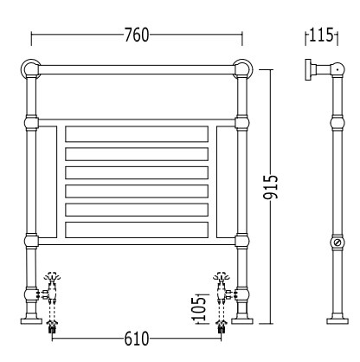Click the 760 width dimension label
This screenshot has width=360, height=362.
(x=137, y=36)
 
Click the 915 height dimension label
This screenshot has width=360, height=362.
(x=271, y=187)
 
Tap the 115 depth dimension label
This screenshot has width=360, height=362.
(x=321, y=35)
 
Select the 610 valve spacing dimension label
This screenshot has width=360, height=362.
(x=137, y=339)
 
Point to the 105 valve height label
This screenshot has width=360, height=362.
(x=200, y=308)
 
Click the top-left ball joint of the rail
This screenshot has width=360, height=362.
(x=30, y=69)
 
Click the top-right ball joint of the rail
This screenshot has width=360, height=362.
(x=243, y=69)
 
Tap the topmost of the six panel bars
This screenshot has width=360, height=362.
(x=137, y=134)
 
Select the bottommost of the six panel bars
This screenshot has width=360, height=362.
(x=137, y=229)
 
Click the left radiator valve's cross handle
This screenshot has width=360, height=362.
(x=52, y=277)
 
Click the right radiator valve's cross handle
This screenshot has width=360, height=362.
(x=222, y=277)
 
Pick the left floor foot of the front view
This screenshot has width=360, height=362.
(x=32, y=320)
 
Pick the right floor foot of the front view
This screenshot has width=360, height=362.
(x=242, y=320)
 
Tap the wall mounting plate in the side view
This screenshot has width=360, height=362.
(x=308, y=69)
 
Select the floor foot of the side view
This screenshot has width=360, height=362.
(x=337, y=320)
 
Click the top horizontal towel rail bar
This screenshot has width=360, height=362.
(x=137, y=69)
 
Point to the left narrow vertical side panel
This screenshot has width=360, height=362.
(x=47, y=182)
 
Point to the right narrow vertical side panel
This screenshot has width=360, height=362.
(x=227, y=182)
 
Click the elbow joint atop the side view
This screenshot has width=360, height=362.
(x=337, y=69)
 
